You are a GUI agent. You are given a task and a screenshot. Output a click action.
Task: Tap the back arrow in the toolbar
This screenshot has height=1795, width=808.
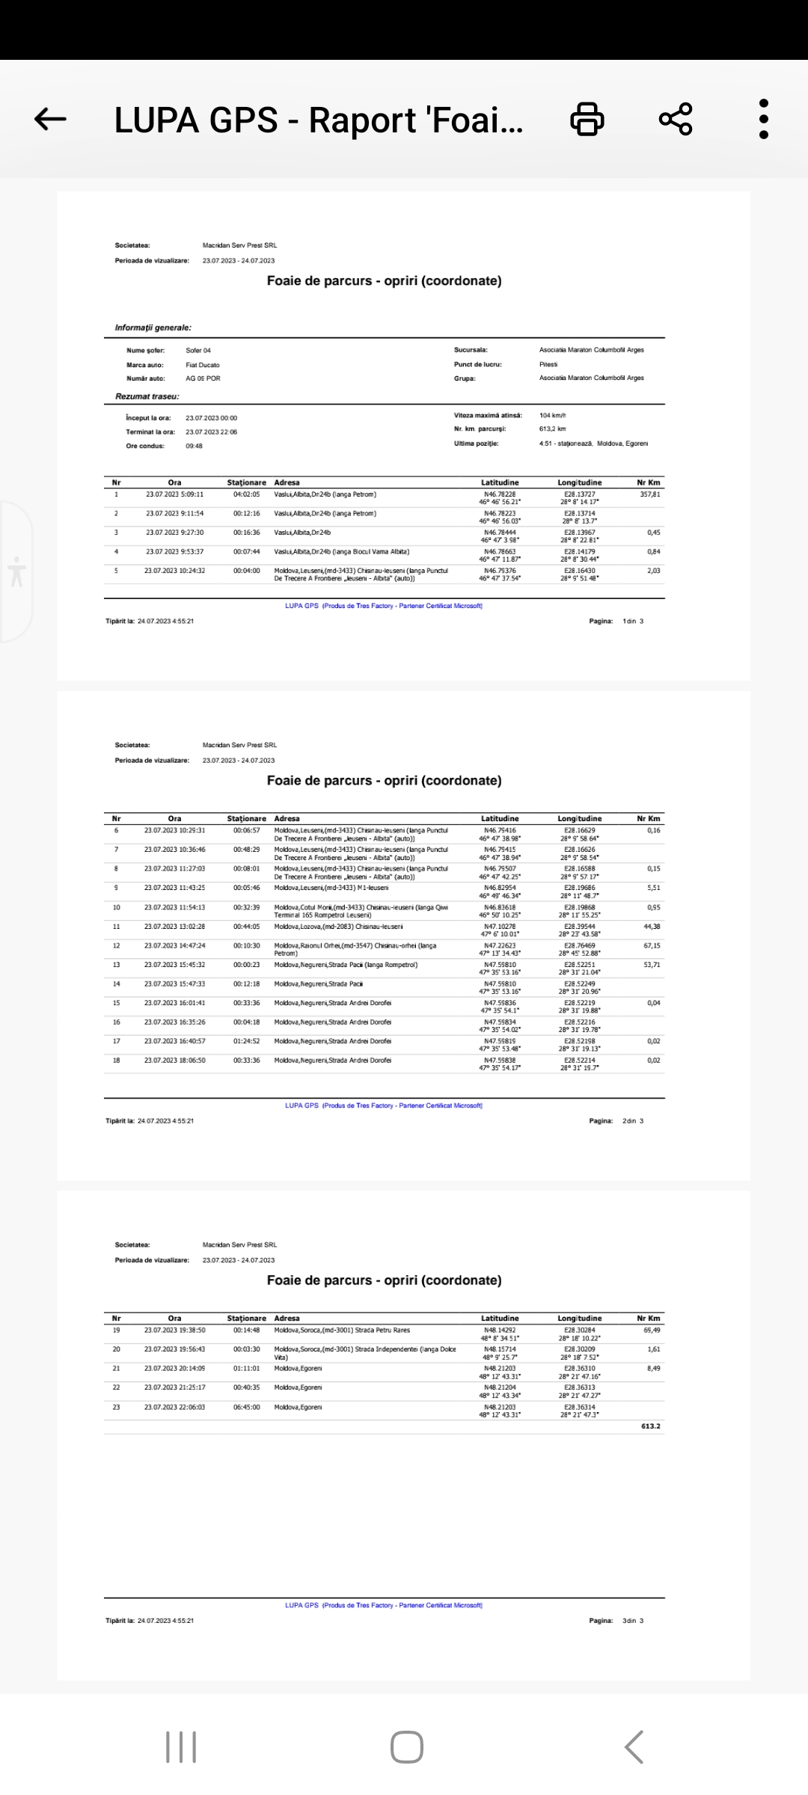click(51, 119)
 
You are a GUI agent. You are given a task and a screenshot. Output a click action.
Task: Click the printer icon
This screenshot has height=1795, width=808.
click(587, 119)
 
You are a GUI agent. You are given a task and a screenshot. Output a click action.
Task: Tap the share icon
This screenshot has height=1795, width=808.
click(676, 119)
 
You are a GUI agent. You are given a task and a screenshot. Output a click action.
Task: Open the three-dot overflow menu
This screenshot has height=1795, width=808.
click(763, 119)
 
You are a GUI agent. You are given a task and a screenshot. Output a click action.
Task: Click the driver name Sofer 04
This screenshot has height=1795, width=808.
click(198, 350)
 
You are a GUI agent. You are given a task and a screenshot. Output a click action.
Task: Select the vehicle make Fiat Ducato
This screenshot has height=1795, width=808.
click(203, 365)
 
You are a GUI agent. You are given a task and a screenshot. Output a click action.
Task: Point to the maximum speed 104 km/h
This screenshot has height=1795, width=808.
click(553, 415)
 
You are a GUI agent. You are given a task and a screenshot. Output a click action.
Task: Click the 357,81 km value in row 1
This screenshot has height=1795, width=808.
click(649, 494)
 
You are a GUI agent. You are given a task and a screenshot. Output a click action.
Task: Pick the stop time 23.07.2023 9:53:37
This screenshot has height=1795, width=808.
click(174, 552)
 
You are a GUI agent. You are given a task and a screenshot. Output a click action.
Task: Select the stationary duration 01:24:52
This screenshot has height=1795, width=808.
click(246, 1041)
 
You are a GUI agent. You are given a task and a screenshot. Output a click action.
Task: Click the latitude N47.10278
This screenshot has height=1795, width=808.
click(500, 927)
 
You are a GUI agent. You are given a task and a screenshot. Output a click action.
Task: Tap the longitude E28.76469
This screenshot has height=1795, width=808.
click(580, 945)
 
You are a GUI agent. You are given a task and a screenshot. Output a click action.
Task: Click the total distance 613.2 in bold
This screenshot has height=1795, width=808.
click(650, 1426)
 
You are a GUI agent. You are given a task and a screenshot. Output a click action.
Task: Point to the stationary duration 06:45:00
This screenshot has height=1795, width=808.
click(246, 1407)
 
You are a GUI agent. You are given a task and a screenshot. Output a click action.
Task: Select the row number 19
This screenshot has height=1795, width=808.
click(116, 1331)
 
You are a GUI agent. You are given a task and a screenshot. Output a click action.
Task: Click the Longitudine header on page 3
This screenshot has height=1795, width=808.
click(579, 1319)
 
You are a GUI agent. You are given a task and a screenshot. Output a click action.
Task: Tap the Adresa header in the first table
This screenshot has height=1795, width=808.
click(287, 482)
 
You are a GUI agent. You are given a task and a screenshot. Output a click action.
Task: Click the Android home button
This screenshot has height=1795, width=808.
click(406, 1747)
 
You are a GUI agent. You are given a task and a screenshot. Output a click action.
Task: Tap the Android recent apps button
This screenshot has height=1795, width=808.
click(181, 1747)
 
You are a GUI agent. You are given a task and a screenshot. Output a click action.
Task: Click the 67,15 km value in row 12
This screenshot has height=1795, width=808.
click(652, 946)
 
